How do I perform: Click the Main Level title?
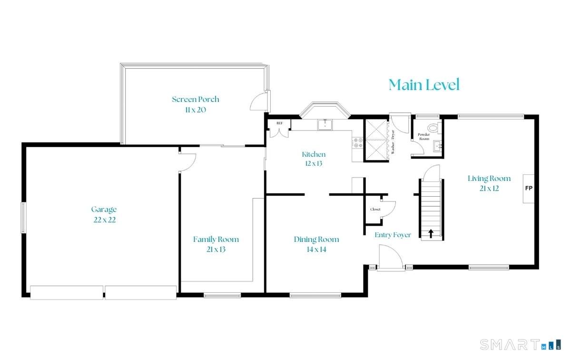(424, 85)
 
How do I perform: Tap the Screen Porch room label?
(196, 104)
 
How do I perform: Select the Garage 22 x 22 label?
(104, 214)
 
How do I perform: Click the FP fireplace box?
(528, 188)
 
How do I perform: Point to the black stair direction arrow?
(431, 233)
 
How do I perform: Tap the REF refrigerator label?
(279, 123)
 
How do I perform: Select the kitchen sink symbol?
(325, 125)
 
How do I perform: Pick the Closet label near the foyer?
(375, 209)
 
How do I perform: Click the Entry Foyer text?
(393, 235)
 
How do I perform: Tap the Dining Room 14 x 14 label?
(316, 244)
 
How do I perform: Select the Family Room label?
(216, 244)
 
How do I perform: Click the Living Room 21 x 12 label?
(489, 183)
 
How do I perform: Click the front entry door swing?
(390, 257)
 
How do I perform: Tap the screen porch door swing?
(258, 101)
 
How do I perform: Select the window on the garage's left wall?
(23, 218)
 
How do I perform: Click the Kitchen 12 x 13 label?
(314, 159)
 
